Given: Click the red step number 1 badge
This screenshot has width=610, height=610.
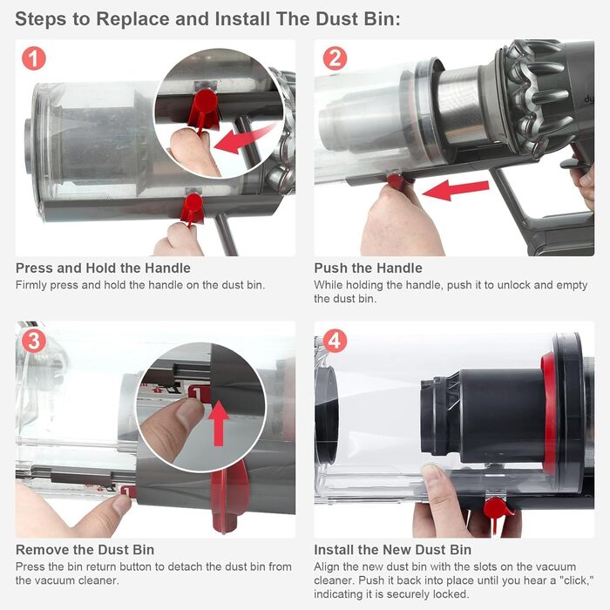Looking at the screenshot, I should coord(34,58).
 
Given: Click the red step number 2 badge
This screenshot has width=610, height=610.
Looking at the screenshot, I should coord(335,58).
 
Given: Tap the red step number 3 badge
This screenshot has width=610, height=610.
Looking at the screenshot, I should coord(34,340).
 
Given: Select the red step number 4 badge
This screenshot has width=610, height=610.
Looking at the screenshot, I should coord(335,340).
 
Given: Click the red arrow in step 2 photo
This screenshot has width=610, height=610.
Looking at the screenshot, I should coord(456,189).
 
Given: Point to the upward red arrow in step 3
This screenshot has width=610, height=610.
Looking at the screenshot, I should coord(220,423).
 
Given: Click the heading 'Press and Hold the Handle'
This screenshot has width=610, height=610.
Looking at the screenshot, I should coord(103,268).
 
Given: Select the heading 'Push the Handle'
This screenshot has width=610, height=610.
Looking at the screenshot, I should coord(368,268).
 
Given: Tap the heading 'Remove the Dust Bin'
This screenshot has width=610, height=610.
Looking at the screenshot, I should coord(85,549).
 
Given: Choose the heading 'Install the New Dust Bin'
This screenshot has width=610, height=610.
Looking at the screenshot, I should coord(392,549).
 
